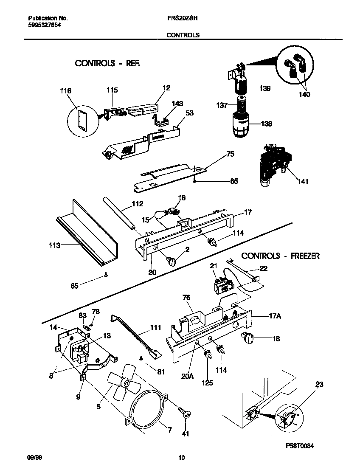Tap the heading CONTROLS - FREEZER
click(280, 256)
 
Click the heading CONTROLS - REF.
click(107, 63)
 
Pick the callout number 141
click(303, 182)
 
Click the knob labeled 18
click(247, 338)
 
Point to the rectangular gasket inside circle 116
click(81, 117)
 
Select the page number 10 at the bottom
click(181, 458)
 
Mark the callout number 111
click(155, 327)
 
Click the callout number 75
click(230, 154)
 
